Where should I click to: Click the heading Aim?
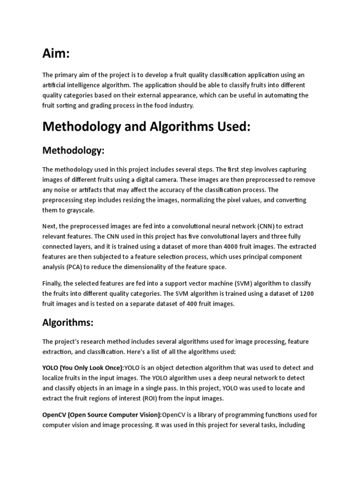[56, 54]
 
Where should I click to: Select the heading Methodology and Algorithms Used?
[146, 127]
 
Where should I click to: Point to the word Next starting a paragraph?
[51, 226]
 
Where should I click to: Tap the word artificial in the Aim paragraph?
[55, 85]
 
